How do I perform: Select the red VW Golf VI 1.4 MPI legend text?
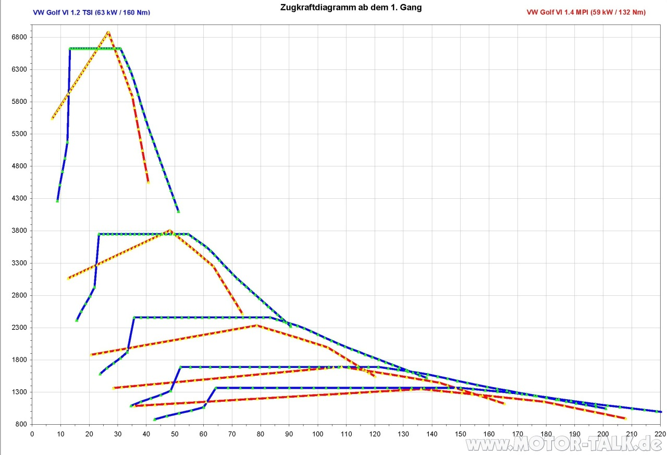[x=586, y=12]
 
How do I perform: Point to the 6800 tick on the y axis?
[x=19, y=37]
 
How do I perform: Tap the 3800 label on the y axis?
[x=19, y=231]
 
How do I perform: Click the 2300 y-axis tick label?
[x=19, y=328]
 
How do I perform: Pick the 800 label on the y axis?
[x=21, y=424]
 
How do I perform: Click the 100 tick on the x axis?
[x=317, y=434]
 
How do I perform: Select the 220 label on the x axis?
[x=660, y=434]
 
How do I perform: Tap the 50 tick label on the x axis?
[x=175, y=434]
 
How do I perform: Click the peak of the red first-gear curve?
[x=108, y=32]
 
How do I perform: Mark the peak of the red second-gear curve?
[x=169, y=230]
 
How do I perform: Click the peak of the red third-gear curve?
[x=256, y=326]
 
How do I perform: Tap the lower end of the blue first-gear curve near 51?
[x=178, y=211]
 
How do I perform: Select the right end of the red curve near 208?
[x=625, y=418]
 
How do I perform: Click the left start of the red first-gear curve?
[x=52, y=119]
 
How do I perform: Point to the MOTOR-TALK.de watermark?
[x=565, y=444]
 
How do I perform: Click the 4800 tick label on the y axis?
[x=19, y=166]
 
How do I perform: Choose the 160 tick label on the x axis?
[x=489, y=434]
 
